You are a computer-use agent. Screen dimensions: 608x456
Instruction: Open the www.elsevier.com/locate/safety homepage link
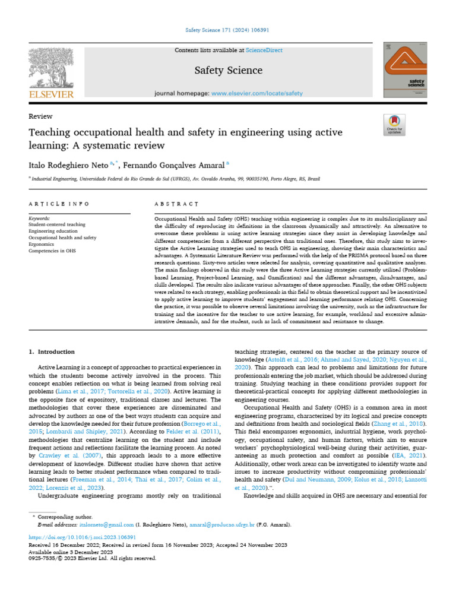click(x=256, y=93)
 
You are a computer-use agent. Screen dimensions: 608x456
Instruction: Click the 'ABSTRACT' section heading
click(x=176, y=204)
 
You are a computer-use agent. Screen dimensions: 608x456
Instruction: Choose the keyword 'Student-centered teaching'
click(x=57, y=225)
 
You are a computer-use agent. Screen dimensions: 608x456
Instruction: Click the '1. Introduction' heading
click(x=52, y=351)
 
